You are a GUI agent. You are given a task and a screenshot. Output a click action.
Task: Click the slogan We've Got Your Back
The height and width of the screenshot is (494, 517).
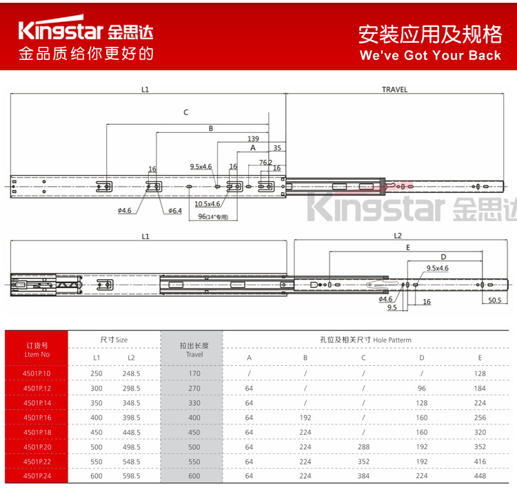tap(430, 55)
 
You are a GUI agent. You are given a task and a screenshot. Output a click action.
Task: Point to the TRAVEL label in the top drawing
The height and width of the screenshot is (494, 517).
tap(394, 90)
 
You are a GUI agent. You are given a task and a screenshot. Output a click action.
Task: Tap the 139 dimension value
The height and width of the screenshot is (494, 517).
tap(254, 138)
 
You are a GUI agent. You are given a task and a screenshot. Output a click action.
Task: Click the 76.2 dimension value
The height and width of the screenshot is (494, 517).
tap(265, 163)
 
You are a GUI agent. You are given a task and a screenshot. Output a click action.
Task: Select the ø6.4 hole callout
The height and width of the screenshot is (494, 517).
tap(174, 210)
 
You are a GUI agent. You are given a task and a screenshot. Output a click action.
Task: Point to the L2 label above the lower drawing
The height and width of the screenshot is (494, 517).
tap(398, 236)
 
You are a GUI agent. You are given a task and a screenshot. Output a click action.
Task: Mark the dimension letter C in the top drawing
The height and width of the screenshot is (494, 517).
tap(185, 112)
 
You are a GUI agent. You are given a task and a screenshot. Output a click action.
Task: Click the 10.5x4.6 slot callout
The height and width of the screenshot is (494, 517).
tap(207, 204)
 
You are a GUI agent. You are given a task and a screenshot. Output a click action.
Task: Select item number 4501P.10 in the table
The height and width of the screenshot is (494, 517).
tap(37, 373)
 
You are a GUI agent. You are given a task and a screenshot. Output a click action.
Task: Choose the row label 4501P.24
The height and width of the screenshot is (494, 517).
tap(37, 475)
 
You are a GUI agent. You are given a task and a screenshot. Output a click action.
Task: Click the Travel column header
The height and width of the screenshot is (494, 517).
tap(194, 349)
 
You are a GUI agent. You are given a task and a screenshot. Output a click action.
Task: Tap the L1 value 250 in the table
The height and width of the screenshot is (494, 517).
tap(97, 373)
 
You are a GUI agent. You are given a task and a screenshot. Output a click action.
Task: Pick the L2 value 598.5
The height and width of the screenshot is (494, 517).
tap(131, 475)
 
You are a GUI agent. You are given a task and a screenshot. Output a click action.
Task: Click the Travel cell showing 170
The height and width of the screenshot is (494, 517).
tap(194, 373)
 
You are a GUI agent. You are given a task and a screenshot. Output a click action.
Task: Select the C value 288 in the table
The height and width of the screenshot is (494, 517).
tap(363, 446)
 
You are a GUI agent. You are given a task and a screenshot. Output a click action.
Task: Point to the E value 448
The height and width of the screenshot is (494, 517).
tap(480, 475)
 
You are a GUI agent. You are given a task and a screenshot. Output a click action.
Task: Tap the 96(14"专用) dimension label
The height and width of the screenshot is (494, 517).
tap(212, 216)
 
